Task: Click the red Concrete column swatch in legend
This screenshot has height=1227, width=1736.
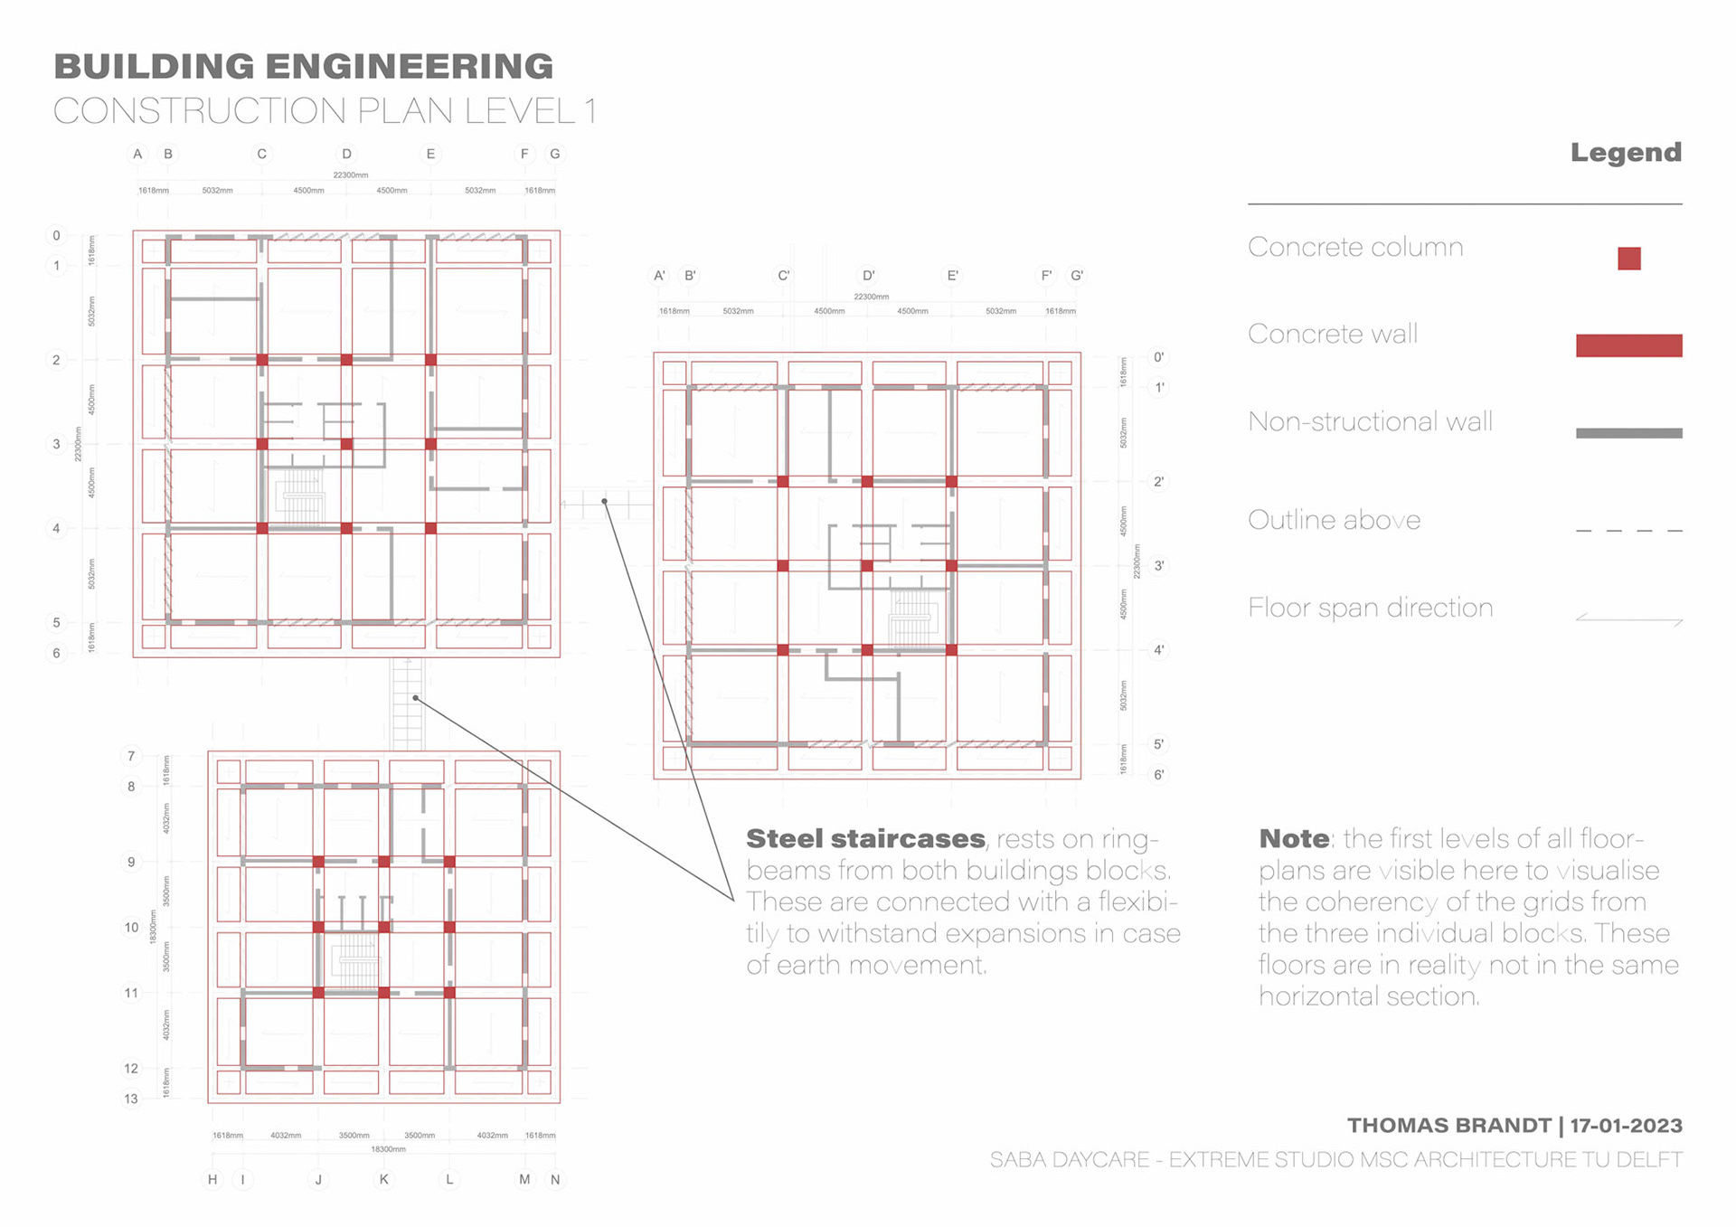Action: click(1628, 259)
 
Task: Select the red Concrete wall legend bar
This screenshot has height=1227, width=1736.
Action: click(1628, 345)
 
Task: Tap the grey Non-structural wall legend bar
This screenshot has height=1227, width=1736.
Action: click(1628, 433)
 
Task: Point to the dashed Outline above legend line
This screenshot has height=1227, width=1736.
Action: click(1628, 531)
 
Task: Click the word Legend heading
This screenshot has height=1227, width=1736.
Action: click(1626, 152)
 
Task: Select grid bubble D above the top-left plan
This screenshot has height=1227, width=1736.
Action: click(346, 154)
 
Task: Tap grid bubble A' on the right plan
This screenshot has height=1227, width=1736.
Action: click(660, 275)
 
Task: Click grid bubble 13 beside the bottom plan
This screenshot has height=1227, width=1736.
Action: click(132, 1099)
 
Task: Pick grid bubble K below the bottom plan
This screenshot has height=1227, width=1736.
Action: click(384, 1179)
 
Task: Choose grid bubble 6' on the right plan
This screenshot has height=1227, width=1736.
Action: click(1158, 775)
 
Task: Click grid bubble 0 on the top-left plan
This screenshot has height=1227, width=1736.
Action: click(56, 235)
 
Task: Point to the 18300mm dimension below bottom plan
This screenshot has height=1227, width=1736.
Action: click(388, 1149)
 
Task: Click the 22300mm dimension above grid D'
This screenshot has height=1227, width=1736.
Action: click(871, 297)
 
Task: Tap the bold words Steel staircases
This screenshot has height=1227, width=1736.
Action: click(865, 839)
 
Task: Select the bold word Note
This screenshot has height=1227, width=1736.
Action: click(1294, 839)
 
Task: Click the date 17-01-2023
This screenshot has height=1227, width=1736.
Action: click(1626, 1126)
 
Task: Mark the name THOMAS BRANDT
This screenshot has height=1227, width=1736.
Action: click(1448, 1126)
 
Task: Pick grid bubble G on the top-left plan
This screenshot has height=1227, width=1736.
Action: click(555, 154)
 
